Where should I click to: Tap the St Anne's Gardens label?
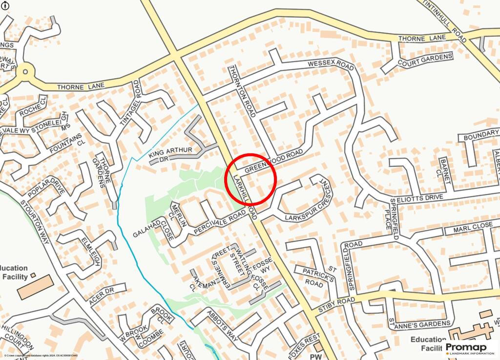point(419,323)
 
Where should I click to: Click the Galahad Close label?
point(152,228)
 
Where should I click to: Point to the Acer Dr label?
point(101,296)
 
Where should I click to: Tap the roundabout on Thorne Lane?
point(24,73)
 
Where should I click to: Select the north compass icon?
point(4,4)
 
